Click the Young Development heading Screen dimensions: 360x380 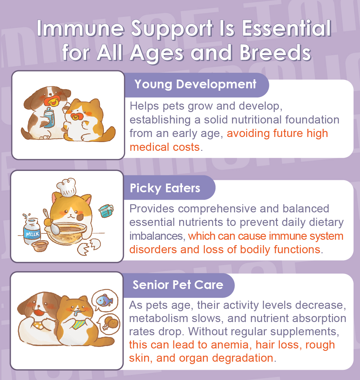tap(195, 84)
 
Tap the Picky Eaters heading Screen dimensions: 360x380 tap(165, 188)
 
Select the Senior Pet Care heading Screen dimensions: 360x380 tap(178, 285)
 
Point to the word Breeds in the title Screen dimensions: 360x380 tap(275, 53)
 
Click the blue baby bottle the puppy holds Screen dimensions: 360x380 tap(49, 117)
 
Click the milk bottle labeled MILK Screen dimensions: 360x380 tap(32, 231)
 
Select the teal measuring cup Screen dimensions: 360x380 tap(106, 211)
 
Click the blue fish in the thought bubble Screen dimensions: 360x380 tap(104, 300)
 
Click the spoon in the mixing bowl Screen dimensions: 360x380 tap(52, 222)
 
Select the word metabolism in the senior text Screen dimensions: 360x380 tap(158, 318)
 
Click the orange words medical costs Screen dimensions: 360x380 tap(165, 147)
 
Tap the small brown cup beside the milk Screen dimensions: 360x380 tap(40, 246)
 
